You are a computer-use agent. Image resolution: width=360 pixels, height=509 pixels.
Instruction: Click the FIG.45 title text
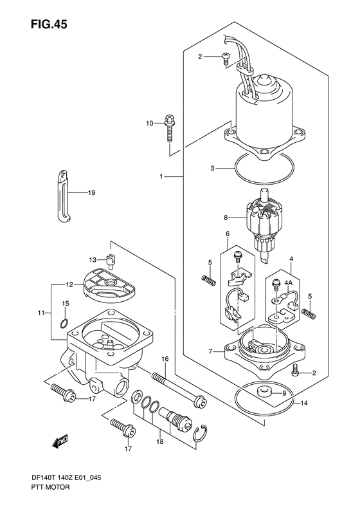[49, 24]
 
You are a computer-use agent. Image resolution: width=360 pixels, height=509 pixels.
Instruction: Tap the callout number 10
[149, 124]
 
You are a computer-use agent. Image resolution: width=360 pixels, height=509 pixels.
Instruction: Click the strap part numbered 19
[64, 196]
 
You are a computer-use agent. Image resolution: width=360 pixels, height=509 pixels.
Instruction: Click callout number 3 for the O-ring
[212, 169]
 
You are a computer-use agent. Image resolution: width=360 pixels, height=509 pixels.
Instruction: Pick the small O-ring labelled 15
[64, 323]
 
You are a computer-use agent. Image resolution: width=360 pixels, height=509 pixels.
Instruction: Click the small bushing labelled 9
[264, 392]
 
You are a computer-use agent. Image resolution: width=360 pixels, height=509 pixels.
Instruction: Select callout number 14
[304, 403]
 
